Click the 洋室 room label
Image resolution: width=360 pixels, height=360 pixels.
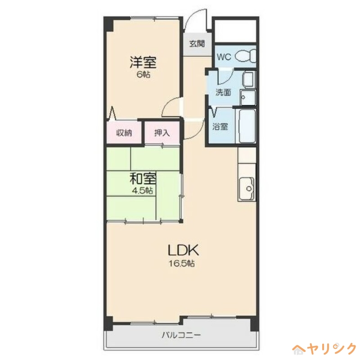click(x=144, y=62)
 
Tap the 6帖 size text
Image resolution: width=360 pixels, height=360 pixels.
click(x=144, y=74)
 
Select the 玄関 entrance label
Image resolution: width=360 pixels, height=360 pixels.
click(x=197, y=44)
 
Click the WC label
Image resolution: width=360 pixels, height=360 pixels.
click(x=224, y=57)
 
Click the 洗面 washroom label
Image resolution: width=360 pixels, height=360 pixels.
click(x=223, y=93)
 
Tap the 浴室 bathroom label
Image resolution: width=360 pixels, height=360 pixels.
click(x=220, y=127)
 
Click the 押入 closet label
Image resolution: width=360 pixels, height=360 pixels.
click(x=162, y=133)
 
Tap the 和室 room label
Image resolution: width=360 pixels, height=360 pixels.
click(x=144, y=179)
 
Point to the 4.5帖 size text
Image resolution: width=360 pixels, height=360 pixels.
click(x=144, y=190)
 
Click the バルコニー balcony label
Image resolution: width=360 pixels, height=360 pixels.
click(x=181, y=335)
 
